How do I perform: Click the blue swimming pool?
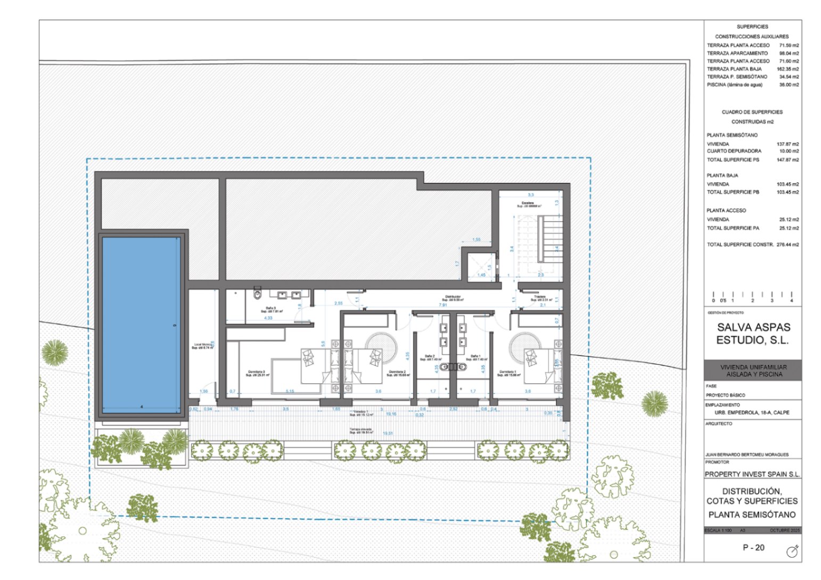pos(141,325)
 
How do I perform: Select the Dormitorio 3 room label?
pos(257,373)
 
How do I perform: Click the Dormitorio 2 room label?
pos(397,373)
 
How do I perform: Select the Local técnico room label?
pos(202,346)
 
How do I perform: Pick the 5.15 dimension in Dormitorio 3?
pos(290,392)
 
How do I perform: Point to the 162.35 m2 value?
pos(787,69)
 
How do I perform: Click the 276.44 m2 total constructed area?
pos(787,245)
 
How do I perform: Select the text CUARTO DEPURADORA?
pos(734,151)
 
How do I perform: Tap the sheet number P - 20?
pos(753,548)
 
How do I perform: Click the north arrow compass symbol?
pos(793,552)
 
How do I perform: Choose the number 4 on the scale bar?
pos(792,301)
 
